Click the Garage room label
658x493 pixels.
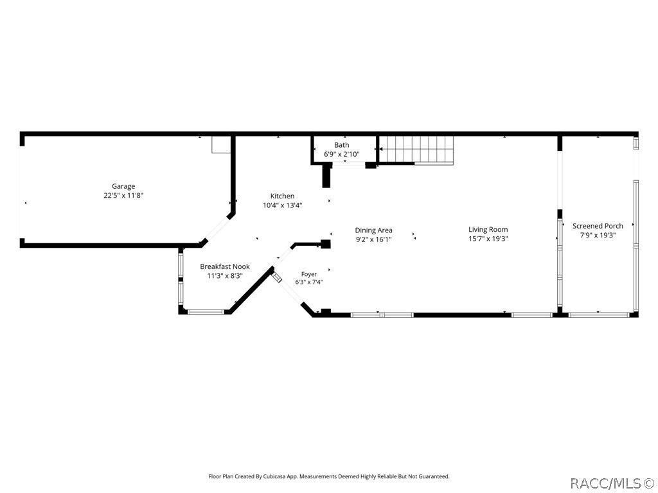[x=123, y=187]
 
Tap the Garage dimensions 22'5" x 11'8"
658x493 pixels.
[x=123, y=195]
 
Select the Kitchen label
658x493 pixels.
[x=283, y=196]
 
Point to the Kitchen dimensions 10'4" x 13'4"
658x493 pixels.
[x=283, y=205]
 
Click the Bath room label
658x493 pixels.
[x=342, y=145]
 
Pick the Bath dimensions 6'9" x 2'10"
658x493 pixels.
[x=342, y=154]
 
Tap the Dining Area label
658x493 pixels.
[x=373, y=230]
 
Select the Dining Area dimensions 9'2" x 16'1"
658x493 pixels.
[x=373, y=239]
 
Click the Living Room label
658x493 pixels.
[x=488, y=229]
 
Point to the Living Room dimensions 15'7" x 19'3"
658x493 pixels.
[x=488, y=239]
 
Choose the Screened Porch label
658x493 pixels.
[x=598, y=226]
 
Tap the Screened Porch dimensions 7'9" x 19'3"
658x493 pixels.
[x=598, y=235]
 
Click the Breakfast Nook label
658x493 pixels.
[x=225, y=266]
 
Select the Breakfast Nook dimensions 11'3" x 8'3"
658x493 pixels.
[x=225, y=276]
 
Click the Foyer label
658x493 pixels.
[x=309, y=274]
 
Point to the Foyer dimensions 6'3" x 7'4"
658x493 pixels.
[x=309, y=282]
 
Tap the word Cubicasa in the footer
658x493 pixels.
[x=275, y=477]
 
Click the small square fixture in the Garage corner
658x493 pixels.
[x=221, y=144]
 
